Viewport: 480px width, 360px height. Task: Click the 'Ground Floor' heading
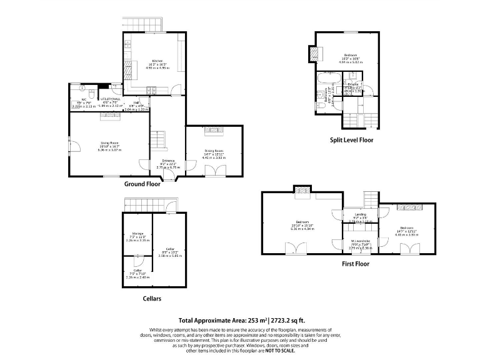[142, 184]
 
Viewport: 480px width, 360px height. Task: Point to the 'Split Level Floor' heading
[351, 140]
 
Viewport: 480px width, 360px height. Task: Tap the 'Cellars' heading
[151, 299]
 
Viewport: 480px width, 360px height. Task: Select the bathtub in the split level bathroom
[327, 79]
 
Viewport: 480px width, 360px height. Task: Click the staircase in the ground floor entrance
[162, 139]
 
